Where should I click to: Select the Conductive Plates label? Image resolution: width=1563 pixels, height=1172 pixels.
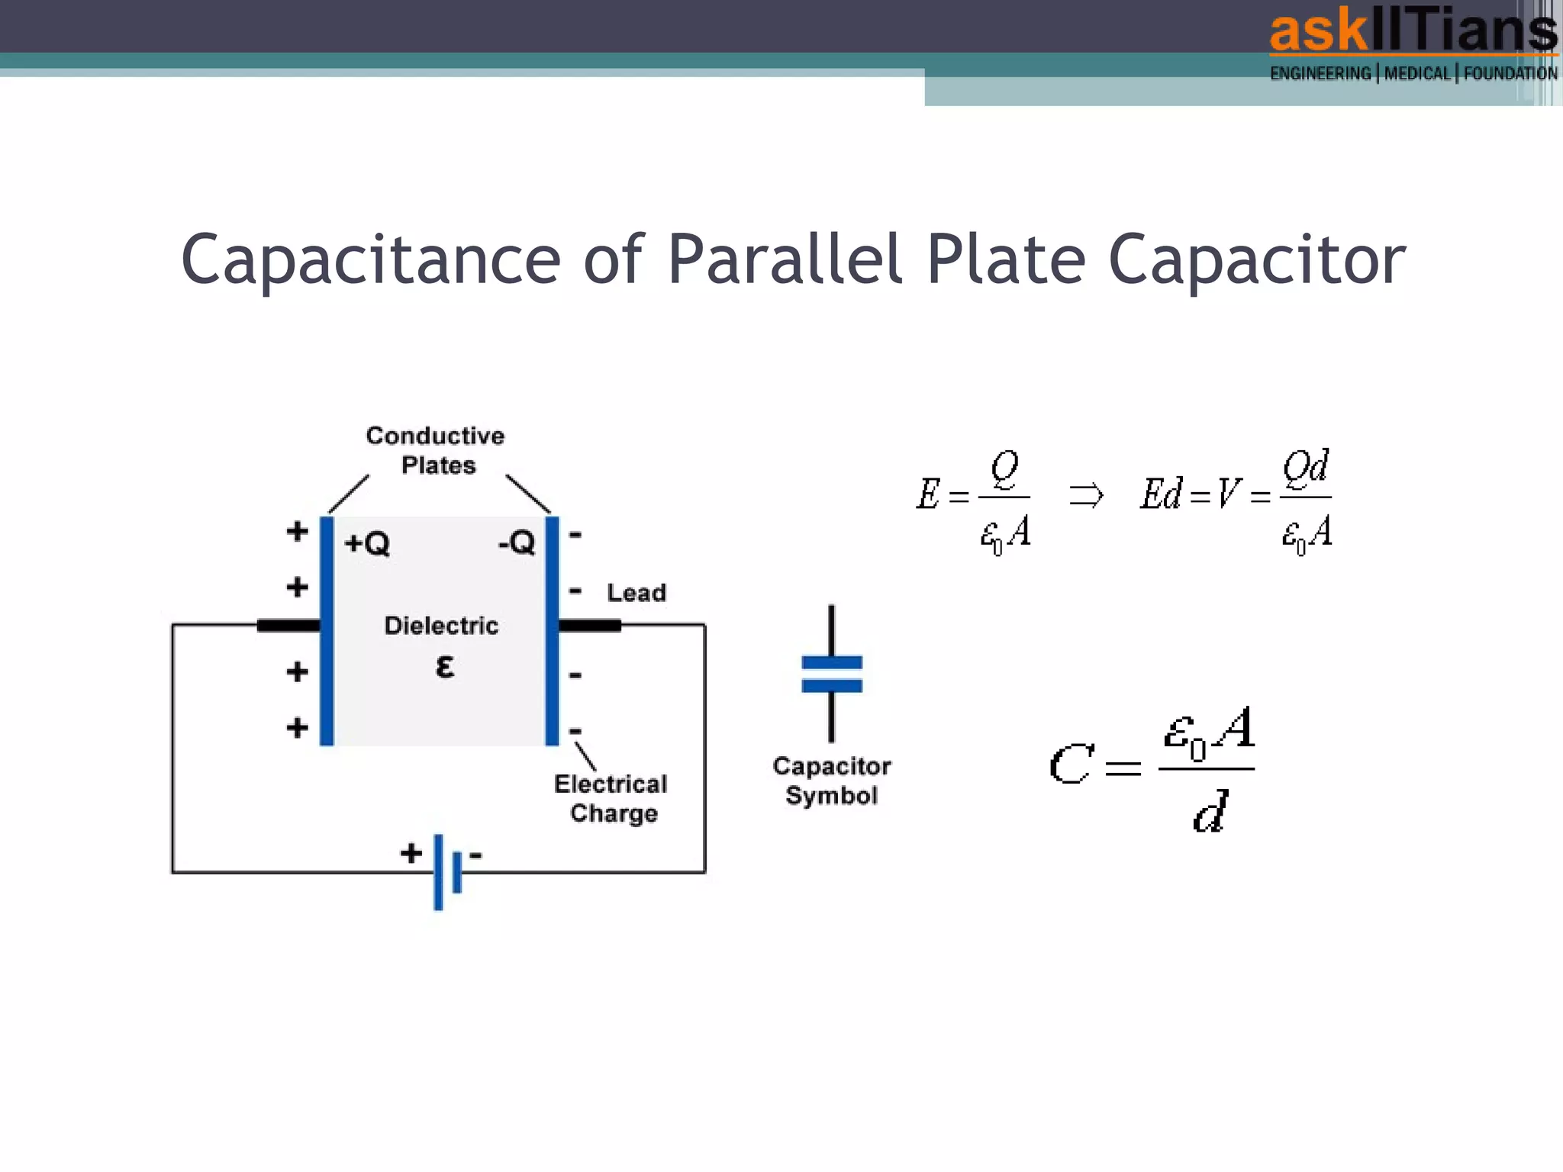[436, 450]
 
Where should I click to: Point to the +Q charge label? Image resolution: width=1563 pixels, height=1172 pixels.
[367, 543]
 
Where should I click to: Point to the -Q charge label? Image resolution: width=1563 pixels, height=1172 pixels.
[517, 543]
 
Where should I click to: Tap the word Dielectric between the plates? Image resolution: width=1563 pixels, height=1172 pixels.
[441, 626]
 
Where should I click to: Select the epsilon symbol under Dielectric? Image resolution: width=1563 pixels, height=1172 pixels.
[444, 666]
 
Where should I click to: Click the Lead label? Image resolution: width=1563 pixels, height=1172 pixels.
[636, 593]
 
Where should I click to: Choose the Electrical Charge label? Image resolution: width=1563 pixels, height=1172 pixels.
[611, 798]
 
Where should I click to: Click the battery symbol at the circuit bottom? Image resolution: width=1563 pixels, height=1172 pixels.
[446, 871]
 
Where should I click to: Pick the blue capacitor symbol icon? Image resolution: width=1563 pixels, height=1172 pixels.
[832, 674]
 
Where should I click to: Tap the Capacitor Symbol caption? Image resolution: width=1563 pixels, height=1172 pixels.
[832, 781]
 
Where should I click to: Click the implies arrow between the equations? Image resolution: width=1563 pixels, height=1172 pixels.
[1086, 495]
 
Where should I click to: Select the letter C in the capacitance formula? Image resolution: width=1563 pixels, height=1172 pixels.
[1070, 765]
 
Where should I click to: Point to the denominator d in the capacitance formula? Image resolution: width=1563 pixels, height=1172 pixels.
[1210, 812]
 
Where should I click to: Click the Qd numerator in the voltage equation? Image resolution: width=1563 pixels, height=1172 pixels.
[1306, 467]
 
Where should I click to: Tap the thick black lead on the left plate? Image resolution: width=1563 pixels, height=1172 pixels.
[288, 626]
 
